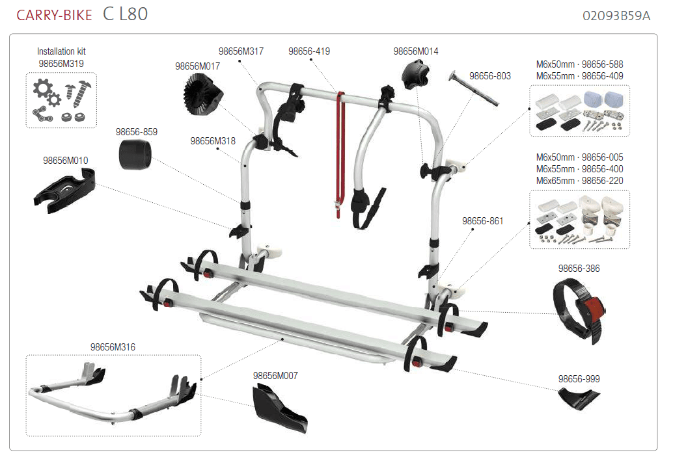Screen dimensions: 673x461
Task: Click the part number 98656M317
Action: click(241, 51)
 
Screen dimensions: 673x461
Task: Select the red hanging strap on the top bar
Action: click(340, 154)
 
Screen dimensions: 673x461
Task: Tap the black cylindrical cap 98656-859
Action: click(135, 154)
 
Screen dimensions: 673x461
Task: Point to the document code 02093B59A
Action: click(616, 16)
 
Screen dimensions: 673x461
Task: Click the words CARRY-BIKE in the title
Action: click(54, 16)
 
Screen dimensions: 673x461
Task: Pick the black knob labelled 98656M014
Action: click(415, 75)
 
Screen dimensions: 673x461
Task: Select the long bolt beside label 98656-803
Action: click(473, 88)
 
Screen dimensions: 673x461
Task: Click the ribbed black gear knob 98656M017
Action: click(202, 94)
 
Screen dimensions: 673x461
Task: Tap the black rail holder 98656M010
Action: click(64, 191)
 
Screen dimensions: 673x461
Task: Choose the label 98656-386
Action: click(579, 269)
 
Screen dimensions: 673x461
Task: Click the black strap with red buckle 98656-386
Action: click(579, 311)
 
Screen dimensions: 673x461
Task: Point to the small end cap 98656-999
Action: click(578, 399)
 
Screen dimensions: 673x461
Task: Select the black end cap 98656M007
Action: click(279, 407)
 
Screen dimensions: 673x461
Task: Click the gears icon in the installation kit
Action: click(46, 92)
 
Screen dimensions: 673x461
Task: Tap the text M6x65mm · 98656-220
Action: click(579, 181)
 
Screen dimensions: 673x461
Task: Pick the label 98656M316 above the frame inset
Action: click(113, 347)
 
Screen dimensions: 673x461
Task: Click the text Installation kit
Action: click(61, 51)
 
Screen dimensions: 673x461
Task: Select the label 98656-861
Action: click(482, 221)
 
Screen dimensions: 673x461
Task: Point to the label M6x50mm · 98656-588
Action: click(579, 64)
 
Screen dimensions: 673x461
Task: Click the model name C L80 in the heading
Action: click(126, 14)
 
